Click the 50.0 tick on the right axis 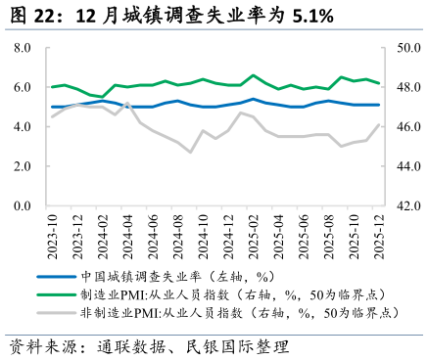pos(407,48)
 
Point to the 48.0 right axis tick pos(407,87)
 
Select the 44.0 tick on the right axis pos(407,166)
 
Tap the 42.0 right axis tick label pos(407,206)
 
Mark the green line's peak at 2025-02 pos(255,75)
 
